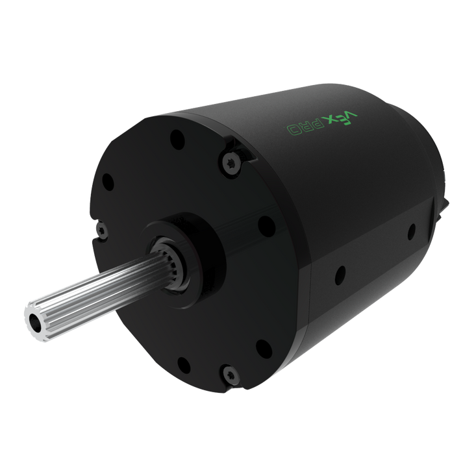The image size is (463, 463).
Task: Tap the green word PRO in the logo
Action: pos(305,127)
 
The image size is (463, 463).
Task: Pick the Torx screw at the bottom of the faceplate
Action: pos(231,375)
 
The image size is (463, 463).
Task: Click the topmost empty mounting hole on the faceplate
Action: pos(177,140)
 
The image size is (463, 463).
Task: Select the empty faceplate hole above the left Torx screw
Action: pos(108,182)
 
